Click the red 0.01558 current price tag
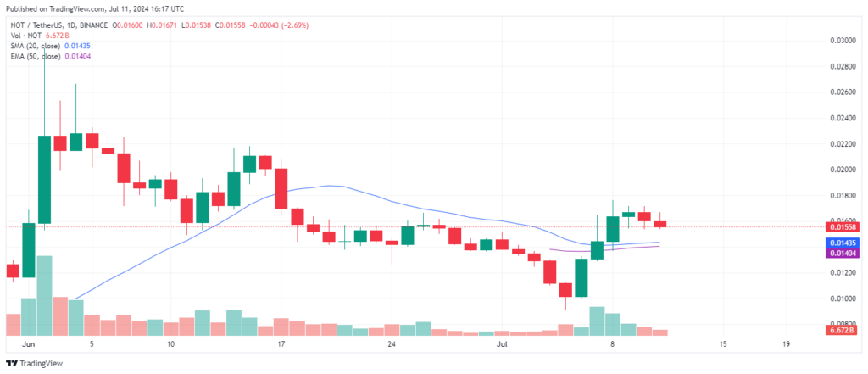840,227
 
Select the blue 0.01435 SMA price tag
840,243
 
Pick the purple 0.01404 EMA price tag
840,253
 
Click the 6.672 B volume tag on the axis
840,330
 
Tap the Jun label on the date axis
26,344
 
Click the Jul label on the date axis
502,344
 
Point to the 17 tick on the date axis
281,344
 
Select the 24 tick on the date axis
392,344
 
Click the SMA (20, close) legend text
34,46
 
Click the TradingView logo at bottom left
34,364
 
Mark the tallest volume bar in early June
44,296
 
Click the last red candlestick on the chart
659,224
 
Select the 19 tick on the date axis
787,344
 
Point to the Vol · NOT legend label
25,36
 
